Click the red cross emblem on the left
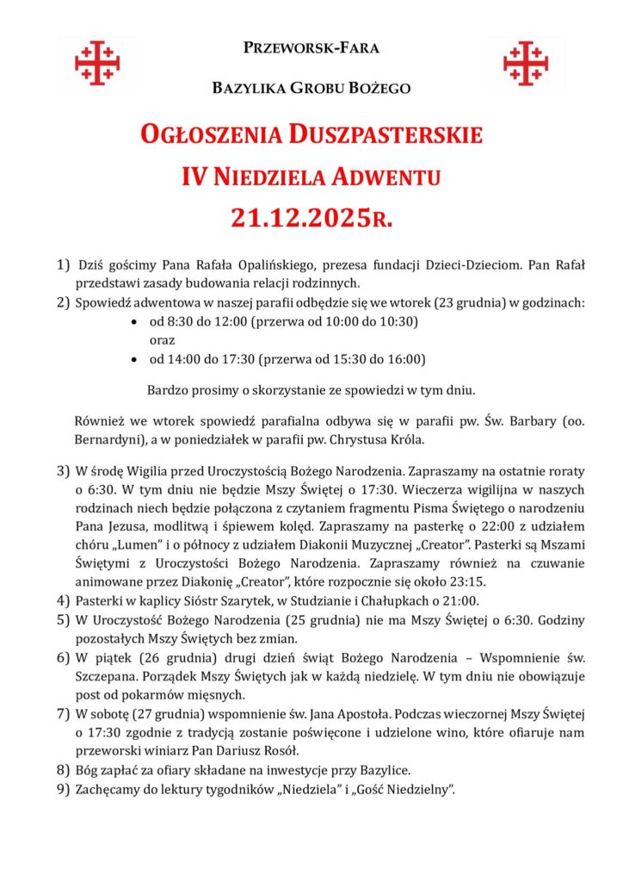(96, 62)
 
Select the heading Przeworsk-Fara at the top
(311, 47)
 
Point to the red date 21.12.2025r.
(311, 218)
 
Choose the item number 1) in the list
(63, 265)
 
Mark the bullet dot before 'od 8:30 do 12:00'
(133, 322)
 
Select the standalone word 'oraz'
(163, 340)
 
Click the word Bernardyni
(110, 439)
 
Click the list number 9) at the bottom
(63, 788)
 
